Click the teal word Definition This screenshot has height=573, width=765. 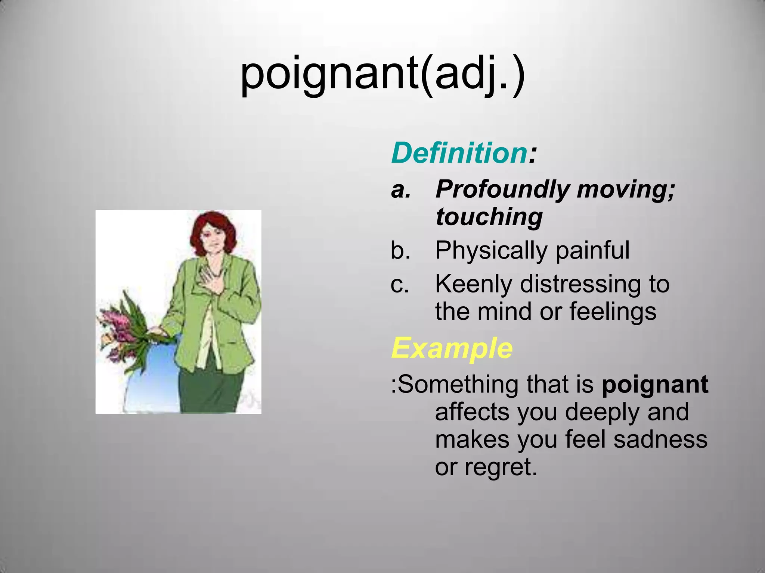click(x=459, y=153)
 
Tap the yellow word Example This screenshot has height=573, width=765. click(x=452, y=348)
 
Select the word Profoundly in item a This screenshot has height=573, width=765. click(x=502, y=190)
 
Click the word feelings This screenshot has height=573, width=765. click(x=613, y=311)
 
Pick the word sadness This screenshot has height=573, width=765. click(x=660, y=439)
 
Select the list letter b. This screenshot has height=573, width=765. click(x=400, y=250)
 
